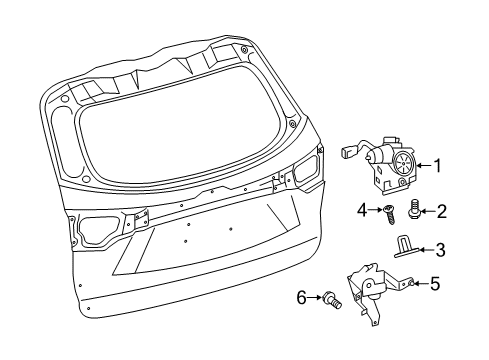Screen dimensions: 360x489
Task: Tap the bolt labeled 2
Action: pos(413,212)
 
